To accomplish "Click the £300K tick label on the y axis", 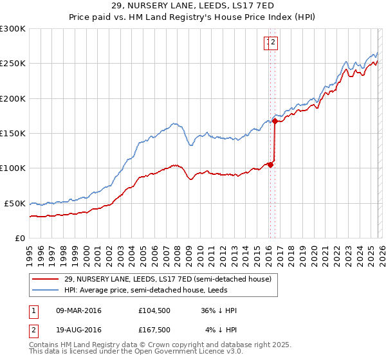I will point(13,29).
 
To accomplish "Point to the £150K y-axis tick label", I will point(13,134).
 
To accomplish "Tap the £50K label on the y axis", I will point(15,203).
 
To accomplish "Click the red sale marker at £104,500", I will point(270,165).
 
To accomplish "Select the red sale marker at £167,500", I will point(275,120).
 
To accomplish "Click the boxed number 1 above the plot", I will point(267,43).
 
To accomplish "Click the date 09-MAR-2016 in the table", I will point(78,310).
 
